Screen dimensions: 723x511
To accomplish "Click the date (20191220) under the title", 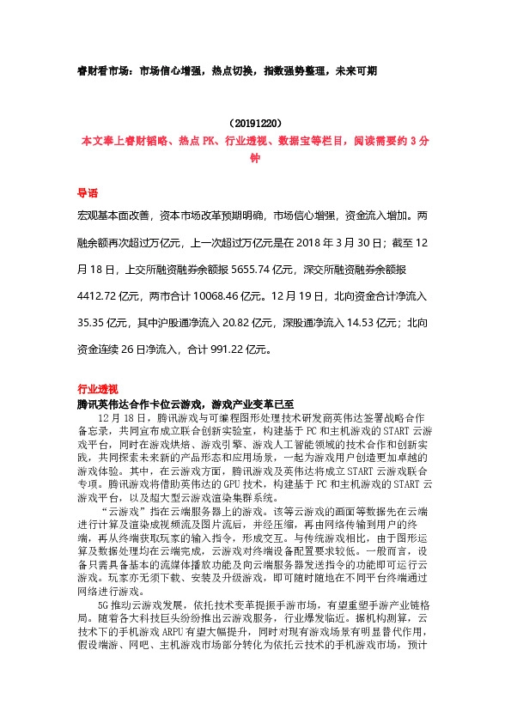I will click(255, 124).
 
